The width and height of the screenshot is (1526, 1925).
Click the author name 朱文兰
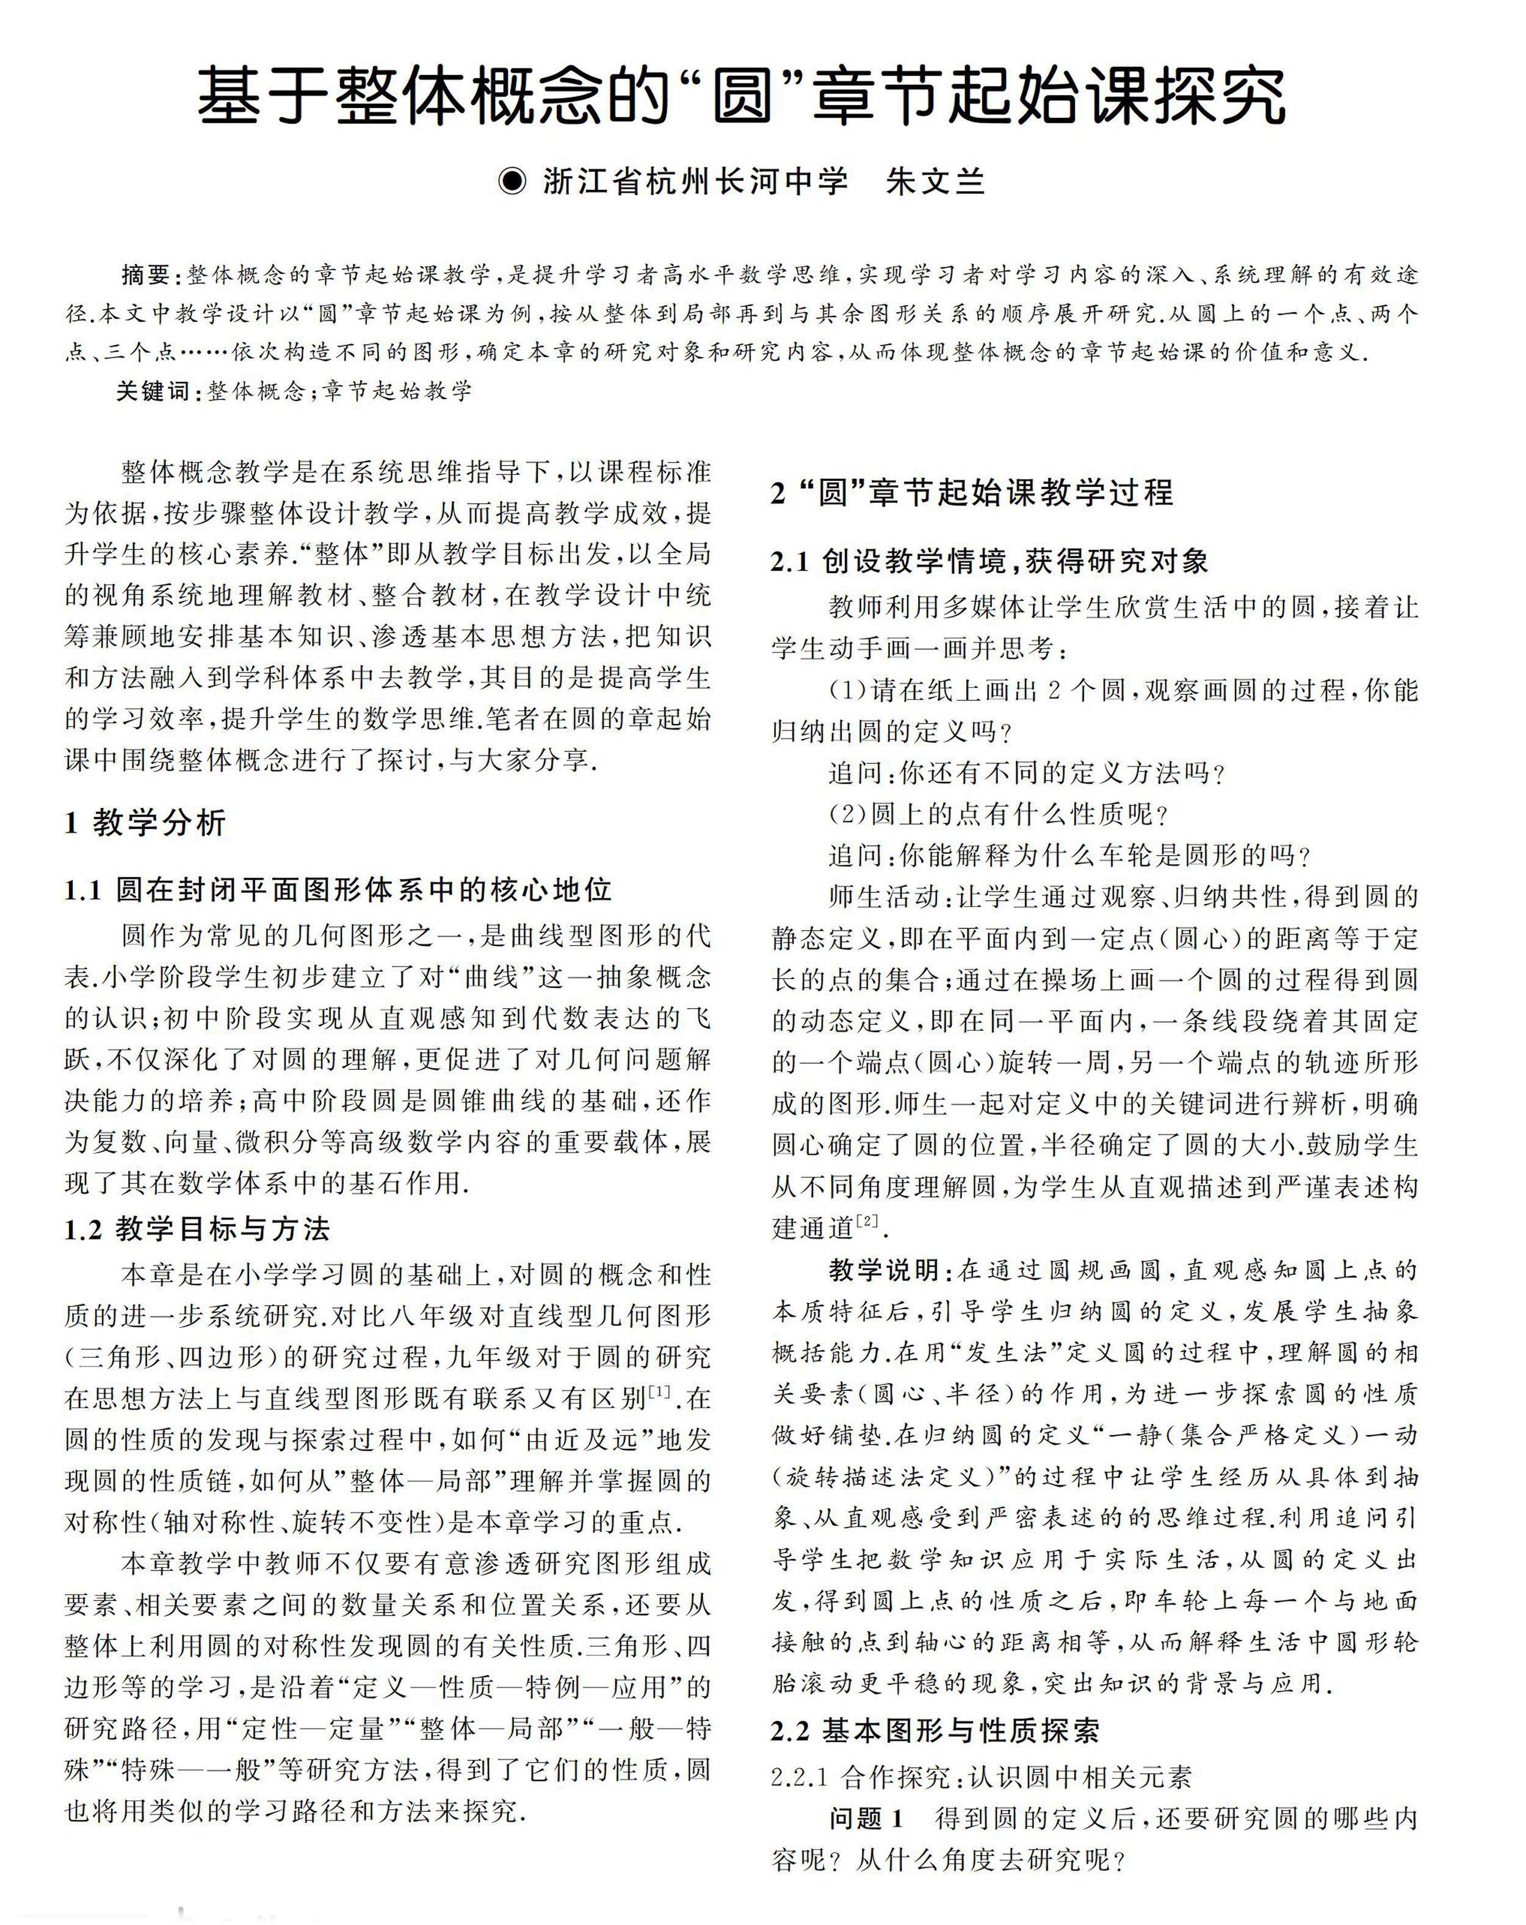tap(936, 181)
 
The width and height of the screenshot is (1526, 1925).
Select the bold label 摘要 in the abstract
tap(145, 275)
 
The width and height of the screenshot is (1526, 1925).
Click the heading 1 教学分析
tap(145, 822)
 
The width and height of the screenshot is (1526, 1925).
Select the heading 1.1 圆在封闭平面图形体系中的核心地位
tap(338, 890)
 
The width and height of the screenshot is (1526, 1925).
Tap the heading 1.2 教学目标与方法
tap(197, 1229)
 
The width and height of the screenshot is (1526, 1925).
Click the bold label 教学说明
tap(882, 1269)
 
